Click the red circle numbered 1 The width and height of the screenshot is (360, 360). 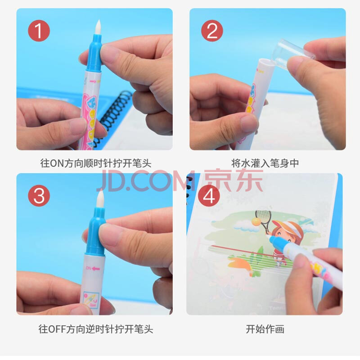pyautogui.click(x=39, y=31)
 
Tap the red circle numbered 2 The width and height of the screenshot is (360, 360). pyautogui.click(x=212, y=31)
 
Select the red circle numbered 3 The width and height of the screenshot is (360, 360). pyautogui.click(x=39, y=196)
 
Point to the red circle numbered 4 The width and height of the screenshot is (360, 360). pyautogui.click(x=209, y=196)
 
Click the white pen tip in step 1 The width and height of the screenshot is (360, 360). pyautogui.click(x=98, y=27)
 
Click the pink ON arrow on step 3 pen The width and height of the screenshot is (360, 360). pyautogui.click(x=94, y=268)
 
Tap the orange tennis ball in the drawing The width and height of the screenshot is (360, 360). pyautogui.click(x=256, y=221)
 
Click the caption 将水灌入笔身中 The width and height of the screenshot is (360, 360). pyautogui.click(x=265, y=163)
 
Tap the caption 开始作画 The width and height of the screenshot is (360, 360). pyautogui.click(x=265, y=329)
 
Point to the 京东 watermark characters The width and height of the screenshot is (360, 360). pyautogui.click(x=234, y=180)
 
